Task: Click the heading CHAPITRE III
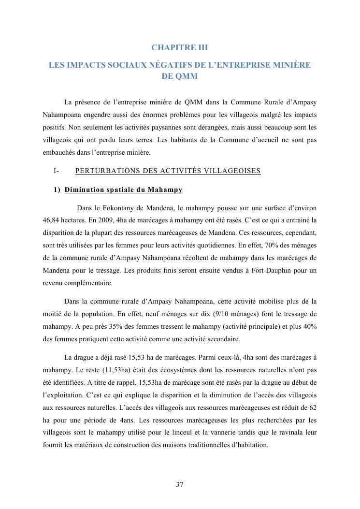[179, 47]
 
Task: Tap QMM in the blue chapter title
[186, 76]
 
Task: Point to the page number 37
[180, 484]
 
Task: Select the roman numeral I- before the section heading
[56, 171]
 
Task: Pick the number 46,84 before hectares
[53, 220]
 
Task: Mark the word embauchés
[60, 153]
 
